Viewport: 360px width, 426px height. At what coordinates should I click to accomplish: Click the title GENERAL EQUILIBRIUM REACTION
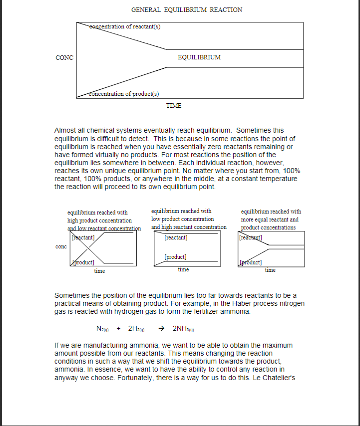[187, 10]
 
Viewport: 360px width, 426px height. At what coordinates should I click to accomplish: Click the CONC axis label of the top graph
[64, 58]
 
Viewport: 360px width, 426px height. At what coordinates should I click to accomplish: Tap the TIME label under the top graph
[174, 106]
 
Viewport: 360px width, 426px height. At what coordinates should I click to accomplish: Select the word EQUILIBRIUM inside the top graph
[199, 57]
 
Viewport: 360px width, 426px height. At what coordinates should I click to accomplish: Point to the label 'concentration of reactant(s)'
[125, 26]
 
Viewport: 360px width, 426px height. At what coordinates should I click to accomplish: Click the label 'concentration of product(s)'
[124, 94]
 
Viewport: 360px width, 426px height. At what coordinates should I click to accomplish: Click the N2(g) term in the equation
[103, 329]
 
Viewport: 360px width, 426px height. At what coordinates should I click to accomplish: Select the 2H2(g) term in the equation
[136, 329]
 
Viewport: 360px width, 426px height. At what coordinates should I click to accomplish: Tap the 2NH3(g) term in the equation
[183, 329]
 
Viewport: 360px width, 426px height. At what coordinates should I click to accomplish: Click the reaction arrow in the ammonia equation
[161, 329]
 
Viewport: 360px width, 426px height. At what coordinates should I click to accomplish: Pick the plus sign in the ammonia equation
[118, 329]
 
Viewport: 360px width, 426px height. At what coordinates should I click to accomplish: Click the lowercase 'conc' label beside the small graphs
[61, 247]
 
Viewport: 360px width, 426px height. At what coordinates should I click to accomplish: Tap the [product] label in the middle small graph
[176, 257]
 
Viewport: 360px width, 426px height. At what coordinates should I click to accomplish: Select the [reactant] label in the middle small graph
[176, 238]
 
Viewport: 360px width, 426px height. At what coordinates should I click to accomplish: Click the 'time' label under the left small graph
[99, 271]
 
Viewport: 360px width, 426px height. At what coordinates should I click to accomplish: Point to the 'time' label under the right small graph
[270, 270]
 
